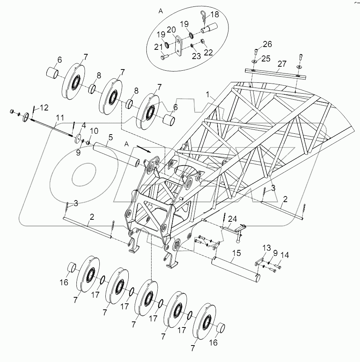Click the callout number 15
[236, 253]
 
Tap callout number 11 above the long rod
[60, 118]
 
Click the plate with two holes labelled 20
[179, 45]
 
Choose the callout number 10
[93, 131]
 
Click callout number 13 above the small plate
[267, 247]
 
